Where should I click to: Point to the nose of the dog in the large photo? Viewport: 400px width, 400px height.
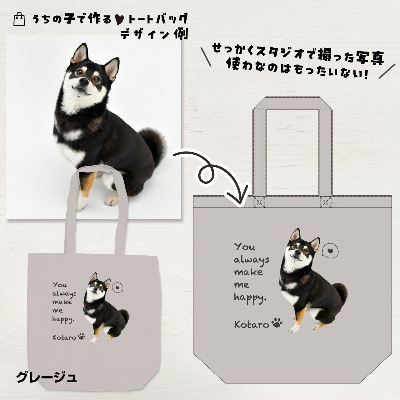[84, 81]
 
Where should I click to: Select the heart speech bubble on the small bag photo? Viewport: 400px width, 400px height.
[117, 288]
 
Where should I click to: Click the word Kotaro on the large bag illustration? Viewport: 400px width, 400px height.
[252, 325]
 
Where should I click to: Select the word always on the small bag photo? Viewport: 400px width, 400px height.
[64, 294]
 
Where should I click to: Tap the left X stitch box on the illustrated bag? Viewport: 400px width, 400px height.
[259, 202]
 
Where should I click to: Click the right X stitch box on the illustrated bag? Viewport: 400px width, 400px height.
[326, 202]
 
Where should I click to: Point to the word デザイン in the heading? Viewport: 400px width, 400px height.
[145, 34]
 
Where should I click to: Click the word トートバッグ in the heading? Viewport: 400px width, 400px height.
[158, 19]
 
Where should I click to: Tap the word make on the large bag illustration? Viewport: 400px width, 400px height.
[248, 272]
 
